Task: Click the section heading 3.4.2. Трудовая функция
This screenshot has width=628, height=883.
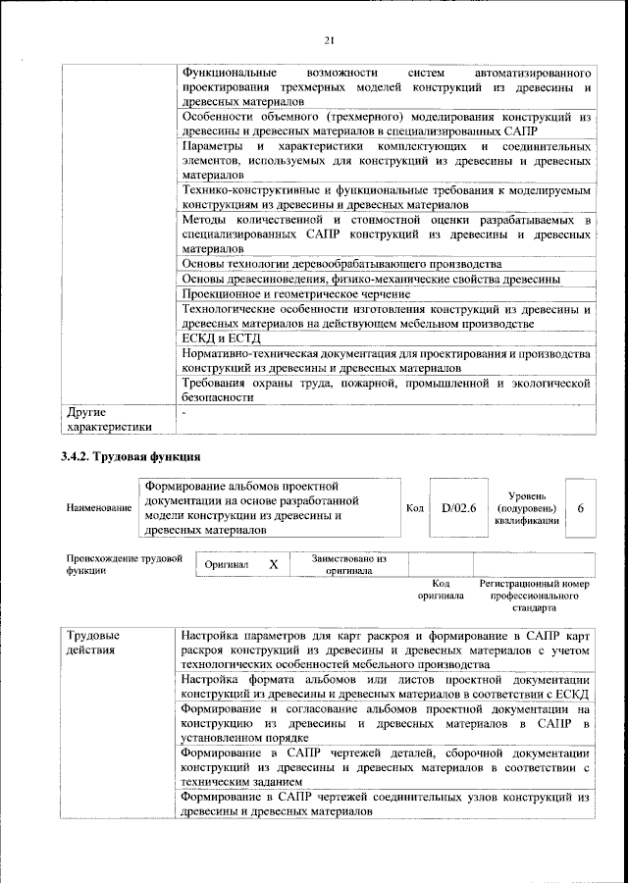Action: pyautogui.click(x=131, y=456)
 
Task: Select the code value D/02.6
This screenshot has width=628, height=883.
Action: pyautogui.click(x=458, y=507)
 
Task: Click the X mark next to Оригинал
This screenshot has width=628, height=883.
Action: pyautogui.click(x=274, y=564)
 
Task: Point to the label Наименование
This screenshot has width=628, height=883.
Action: pyautogui.click(x=99, y=508)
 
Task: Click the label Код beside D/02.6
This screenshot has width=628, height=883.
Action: pyautogui.click(x=415, y=508)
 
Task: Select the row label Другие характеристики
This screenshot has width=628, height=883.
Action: pyautogui.click(x=109, y=420)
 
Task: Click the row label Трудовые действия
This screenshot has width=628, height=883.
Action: pyautogui.click(x=94, y=643)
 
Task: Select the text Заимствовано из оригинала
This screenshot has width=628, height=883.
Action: pyautogui.click(x=349, y=564)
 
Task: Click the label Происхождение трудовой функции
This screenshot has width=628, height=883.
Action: pyautogui.click(x=126, y=564)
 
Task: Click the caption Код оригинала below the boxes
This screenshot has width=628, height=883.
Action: pyautogui.click(x=441, y=590)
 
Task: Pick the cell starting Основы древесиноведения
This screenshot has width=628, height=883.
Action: pyautogui.click(x=372, y=280)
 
